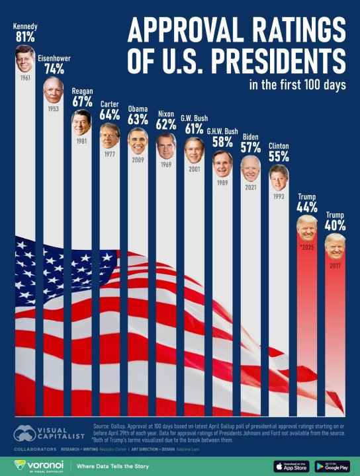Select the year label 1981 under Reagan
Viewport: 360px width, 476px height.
[81, 140]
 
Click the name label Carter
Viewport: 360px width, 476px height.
[109, 104]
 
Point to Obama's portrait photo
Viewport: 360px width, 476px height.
[138, 141]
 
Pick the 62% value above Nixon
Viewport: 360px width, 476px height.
[166, 124]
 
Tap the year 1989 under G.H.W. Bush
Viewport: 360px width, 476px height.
[222, 182]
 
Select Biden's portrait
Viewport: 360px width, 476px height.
[251, 168]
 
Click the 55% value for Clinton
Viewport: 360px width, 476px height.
[279, 156]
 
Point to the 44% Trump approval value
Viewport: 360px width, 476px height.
[307, 207]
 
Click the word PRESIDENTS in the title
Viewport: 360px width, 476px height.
[275, 61]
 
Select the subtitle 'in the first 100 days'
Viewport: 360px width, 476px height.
[297, 85]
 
